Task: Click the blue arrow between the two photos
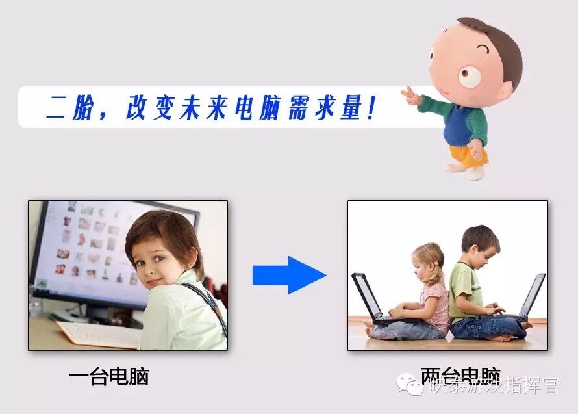[x=289, y=275]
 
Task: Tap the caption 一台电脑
[x=108, y=376]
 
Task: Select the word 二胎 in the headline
[x=69, y=107]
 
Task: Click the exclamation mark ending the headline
[x=371, y=107]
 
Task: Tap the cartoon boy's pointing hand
[x=411, y=97]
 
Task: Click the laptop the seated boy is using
[x=529, y=299]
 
